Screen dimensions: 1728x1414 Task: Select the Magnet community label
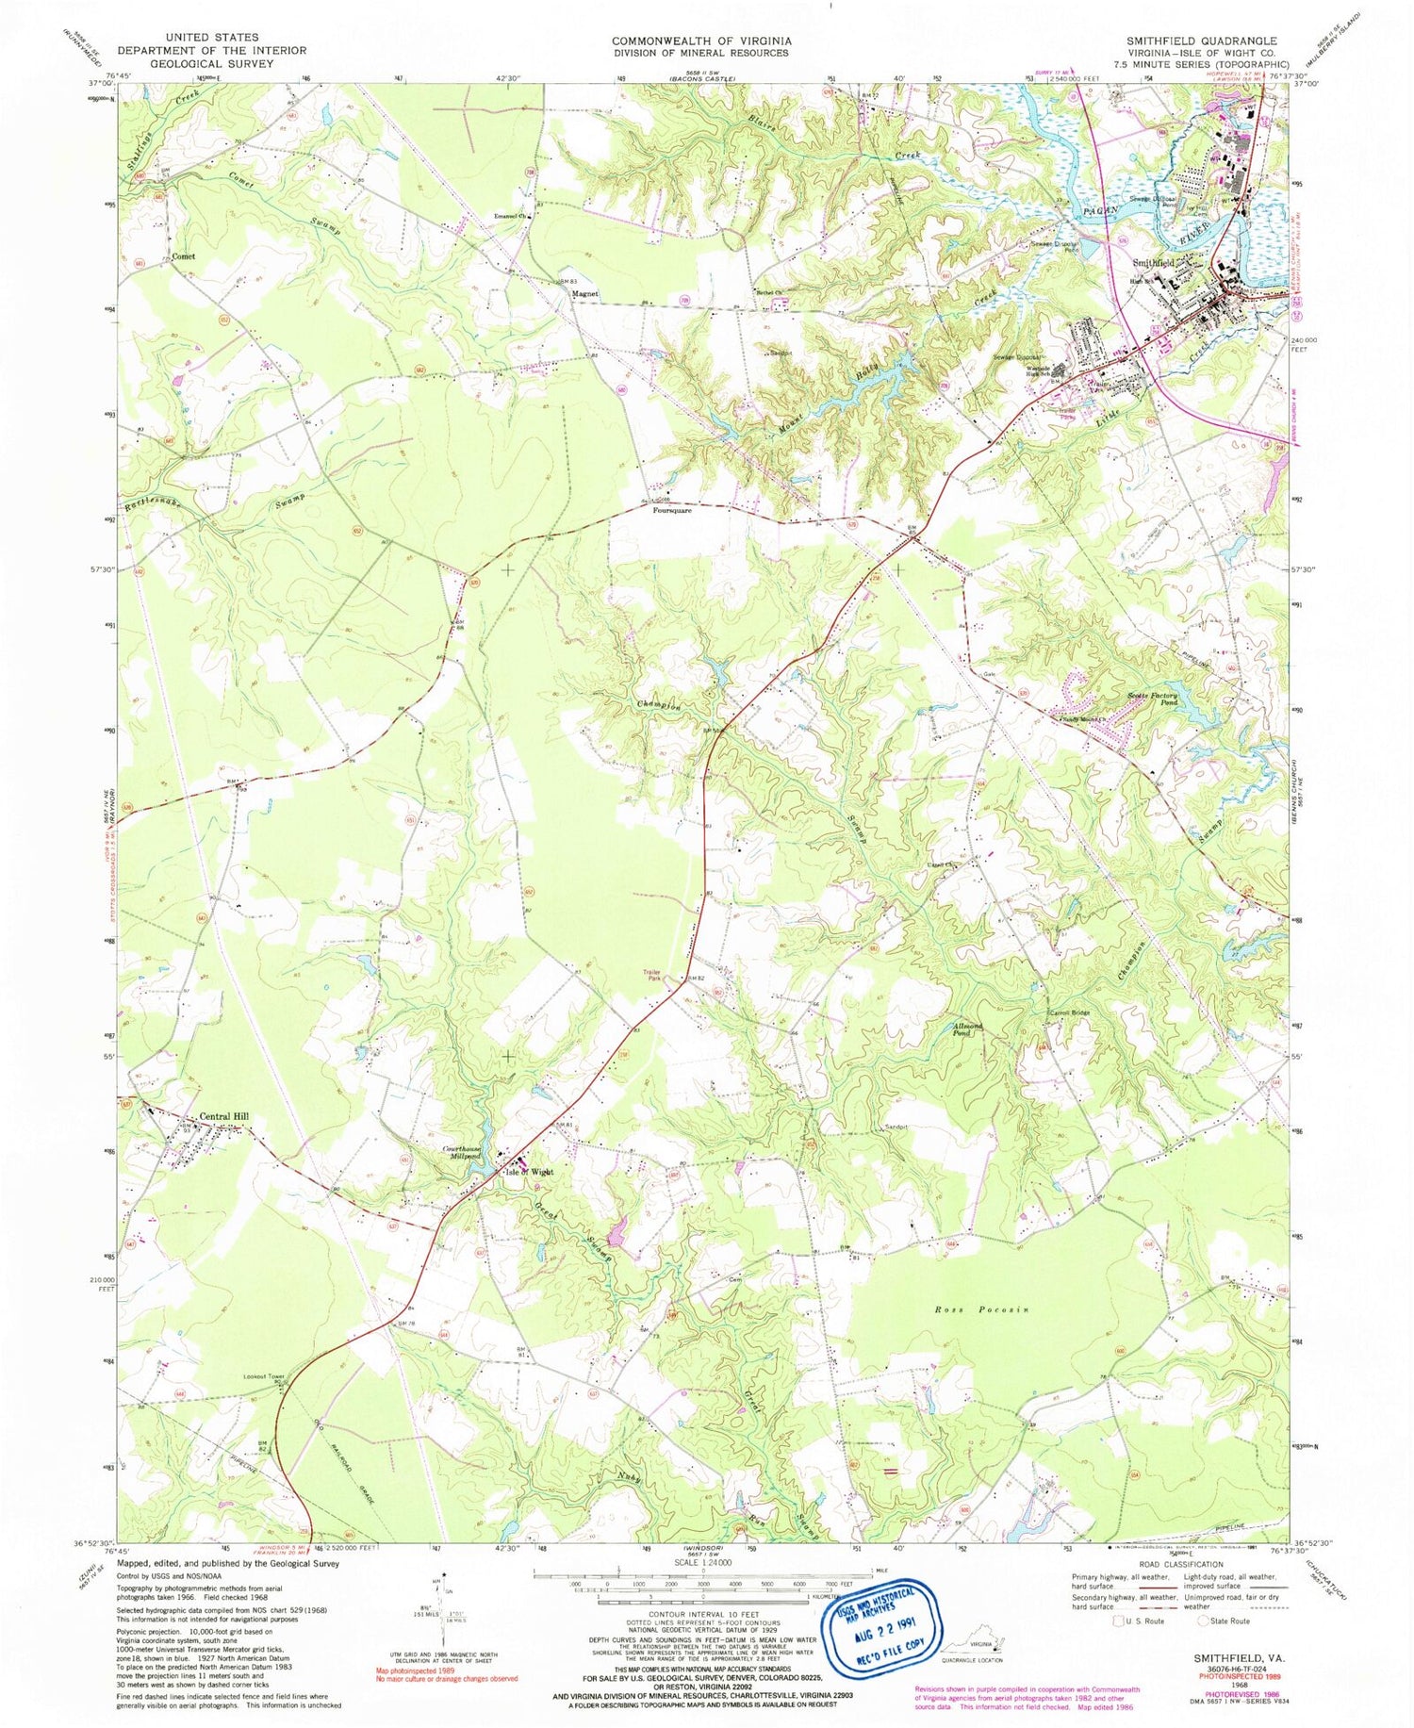[x=584, y=294]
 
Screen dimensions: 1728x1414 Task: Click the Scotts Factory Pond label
[x=1153, y=699]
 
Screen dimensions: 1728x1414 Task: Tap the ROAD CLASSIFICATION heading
[x=1178, y=1564]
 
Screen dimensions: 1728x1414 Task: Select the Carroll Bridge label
[x=1068, y=1013]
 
